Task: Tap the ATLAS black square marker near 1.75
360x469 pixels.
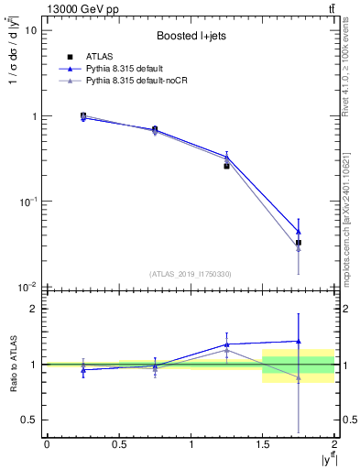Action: click(299, 243)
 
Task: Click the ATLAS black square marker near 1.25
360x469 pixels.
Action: click(226, 166)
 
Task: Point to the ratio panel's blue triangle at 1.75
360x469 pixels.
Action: click(299, 341)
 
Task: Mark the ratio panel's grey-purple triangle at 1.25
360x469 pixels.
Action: click(226, 350)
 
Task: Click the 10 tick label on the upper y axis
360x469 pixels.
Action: click(30, 30)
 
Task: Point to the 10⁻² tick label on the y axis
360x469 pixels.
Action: click(27, 287)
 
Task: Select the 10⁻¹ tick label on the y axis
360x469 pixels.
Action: click(27, 202)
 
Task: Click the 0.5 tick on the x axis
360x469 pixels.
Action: click(118, 444)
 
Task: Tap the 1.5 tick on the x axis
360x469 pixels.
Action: click(263, 444)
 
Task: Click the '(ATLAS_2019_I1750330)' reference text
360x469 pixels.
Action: click(191, 274)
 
